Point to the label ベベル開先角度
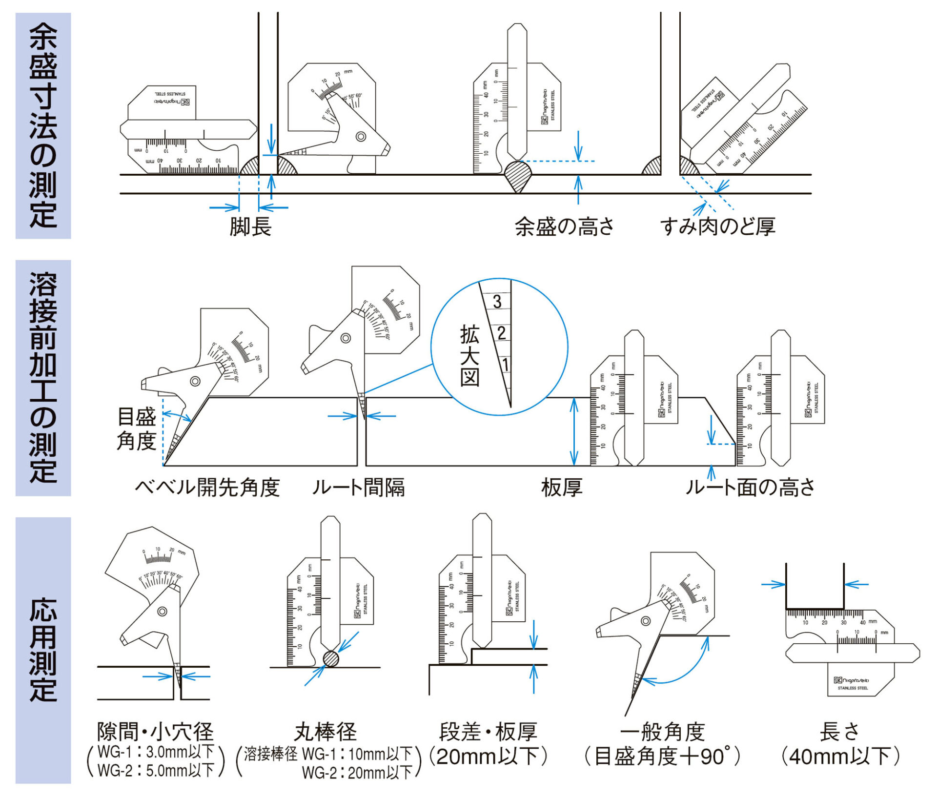[207, 488]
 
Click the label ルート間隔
[359, 488]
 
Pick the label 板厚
[562, 488]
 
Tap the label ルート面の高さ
[750, 488]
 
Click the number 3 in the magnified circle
[497, 301]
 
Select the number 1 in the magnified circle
[505, 365]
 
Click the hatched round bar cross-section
[331, 659]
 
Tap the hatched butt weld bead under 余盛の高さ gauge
[518, 176]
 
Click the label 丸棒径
[326, 732]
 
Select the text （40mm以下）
[840, 757]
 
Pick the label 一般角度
[662, 732]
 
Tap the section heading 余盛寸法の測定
[43, 125]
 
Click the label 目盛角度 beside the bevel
[136, 429]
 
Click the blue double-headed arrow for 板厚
[574, 431]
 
